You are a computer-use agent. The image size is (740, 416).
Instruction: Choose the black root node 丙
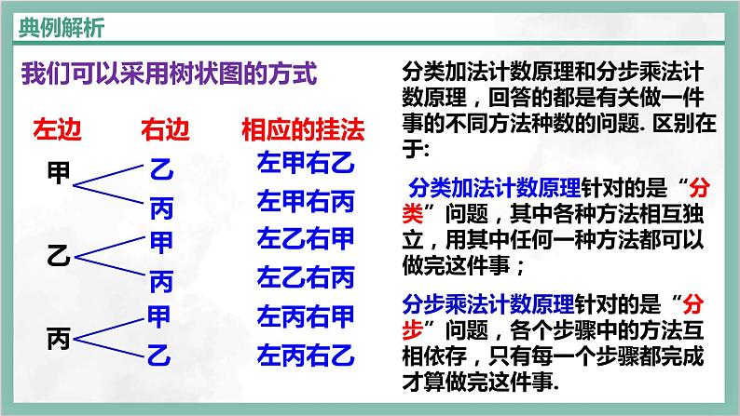(x=58, y=340)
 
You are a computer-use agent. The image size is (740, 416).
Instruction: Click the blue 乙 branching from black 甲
(x=160, y=168)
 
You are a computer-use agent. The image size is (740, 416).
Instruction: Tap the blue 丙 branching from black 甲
(x=160, y=206)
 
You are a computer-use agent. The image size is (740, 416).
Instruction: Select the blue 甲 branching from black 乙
(x=160, y=240)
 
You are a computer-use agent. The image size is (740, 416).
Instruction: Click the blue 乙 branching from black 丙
(x=160, y=354)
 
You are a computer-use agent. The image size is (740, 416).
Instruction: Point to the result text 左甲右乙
(x=306, y=165)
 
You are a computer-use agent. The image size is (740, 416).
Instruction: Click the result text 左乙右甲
(x=306, y=238)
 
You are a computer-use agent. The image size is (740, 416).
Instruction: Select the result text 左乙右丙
(x=306, y=277)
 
